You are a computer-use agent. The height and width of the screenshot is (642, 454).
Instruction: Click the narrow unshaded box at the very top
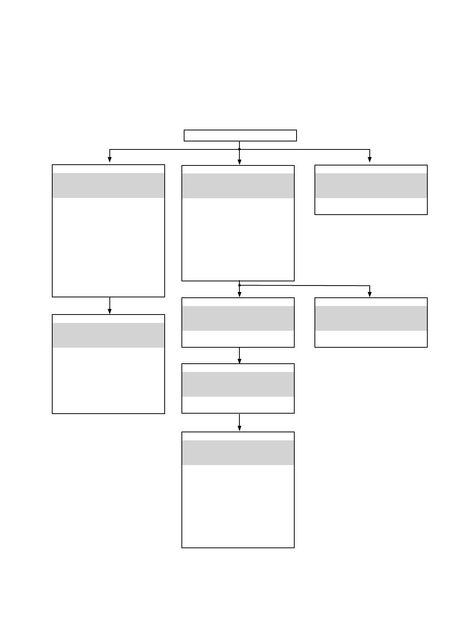click(240, 135)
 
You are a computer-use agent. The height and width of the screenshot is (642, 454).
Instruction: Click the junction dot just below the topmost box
click(239, 149)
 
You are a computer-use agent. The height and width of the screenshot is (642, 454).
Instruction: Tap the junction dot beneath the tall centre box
click(239, 285)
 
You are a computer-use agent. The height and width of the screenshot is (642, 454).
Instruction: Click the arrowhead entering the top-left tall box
click(110, 160)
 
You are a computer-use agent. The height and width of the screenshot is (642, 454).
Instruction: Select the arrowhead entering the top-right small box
click(370, 160)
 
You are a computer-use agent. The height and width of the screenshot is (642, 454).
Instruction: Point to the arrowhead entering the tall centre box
click(239, 162)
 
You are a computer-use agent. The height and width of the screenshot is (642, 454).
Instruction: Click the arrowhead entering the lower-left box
click(110, 311)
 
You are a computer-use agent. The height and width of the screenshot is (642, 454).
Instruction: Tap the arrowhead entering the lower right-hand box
click(370, 294)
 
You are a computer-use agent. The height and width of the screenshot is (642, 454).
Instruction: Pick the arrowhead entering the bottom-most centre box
click(239, 429)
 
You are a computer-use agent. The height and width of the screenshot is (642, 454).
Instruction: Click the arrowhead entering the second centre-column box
click(239, 294)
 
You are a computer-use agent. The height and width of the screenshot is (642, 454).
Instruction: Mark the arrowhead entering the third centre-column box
click(239, 360)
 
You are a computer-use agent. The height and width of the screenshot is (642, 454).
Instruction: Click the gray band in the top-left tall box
click(108, 185)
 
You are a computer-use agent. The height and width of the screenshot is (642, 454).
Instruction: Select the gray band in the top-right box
click(371, 186)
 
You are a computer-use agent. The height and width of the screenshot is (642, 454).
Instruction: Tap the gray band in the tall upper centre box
click(238, 186)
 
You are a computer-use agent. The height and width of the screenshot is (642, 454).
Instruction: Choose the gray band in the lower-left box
click(108, 335)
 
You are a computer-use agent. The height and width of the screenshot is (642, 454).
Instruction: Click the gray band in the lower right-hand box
click(371, 318)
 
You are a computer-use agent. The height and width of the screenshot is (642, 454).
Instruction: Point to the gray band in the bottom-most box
click(238, 453)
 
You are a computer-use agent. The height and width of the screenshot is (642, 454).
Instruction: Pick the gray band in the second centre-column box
click(238, 318)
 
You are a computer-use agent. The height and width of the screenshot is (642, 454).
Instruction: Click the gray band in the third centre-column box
click(238, 384)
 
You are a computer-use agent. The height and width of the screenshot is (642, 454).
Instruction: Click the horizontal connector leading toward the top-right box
click(305, 149)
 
